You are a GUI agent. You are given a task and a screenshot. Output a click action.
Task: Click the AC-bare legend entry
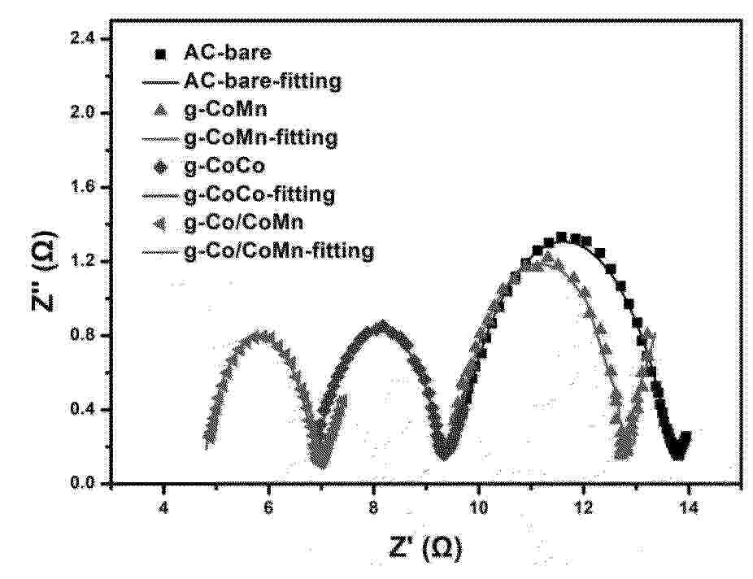(228, 54)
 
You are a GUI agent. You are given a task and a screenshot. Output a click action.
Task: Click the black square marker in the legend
(161, 55)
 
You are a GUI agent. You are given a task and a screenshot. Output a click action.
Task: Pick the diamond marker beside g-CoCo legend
(161, 168)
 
